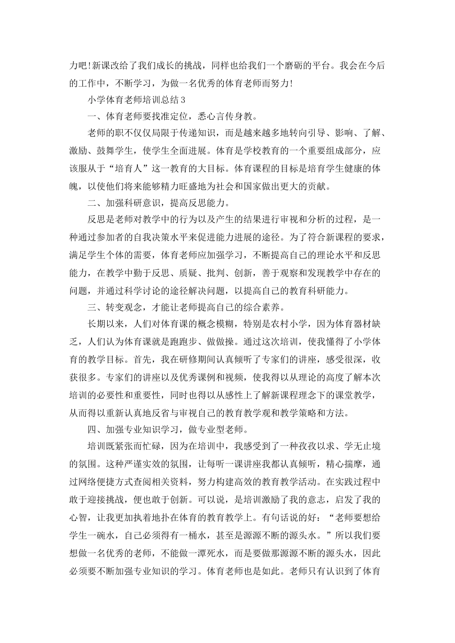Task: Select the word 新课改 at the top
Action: [x=102, y=66]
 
